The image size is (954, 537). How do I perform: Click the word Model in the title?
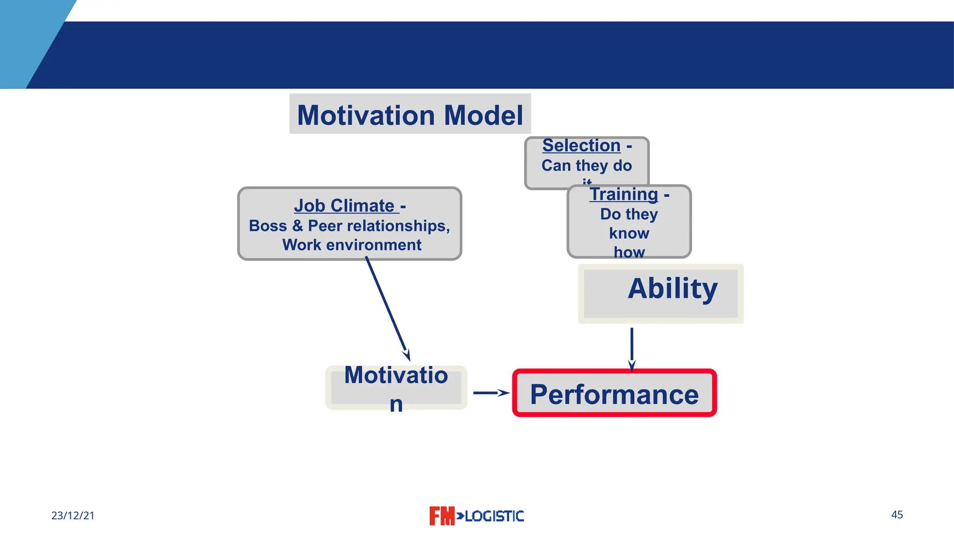[484, 115]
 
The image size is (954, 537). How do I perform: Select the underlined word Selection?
[581, 145]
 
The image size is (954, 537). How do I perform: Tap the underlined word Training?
[624, 194]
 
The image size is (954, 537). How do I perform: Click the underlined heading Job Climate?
[345, 206]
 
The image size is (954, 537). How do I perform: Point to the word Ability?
[673, 289]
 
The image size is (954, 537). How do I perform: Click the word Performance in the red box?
[614, 394]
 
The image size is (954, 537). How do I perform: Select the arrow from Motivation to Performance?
[491, 393]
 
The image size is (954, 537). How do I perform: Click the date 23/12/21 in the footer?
[73, 516]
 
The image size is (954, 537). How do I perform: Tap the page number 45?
[897, 515]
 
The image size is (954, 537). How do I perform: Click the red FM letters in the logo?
[441, 516]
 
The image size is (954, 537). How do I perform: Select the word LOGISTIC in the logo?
[495, 516]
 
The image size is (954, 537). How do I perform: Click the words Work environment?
[352, 245]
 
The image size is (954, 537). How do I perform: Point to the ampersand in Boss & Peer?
[297, 226]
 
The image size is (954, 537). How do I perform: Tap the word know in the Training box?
[629, 233]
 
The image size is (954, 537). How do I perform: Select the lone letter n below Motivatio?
[396, 405]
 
